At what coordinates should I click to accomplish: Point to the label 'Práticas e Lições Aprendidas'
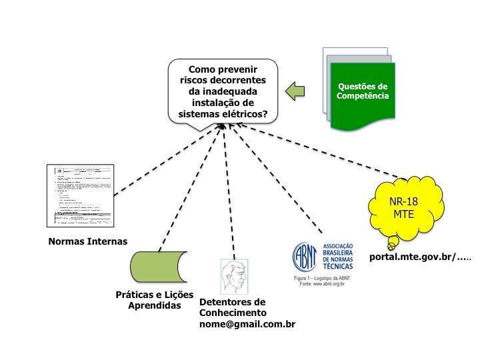click(154, 300)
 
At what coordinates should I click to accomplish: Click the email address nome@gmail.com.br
click(247, 324)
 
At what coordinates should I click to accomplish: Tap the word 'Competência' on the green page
click(362, 97)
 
